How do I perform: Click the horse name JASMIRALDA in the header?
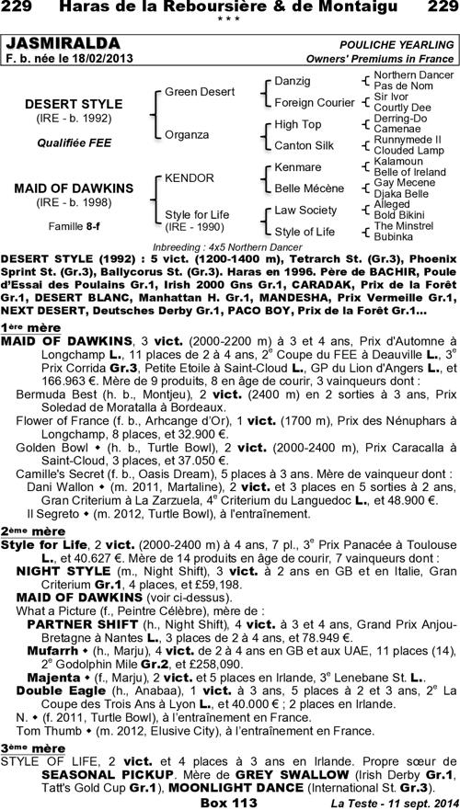pos(63,44)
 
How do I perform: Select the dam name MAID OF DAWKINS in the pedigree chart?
pos(62,188)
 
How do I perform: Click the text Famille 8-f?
pos(62,224)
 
